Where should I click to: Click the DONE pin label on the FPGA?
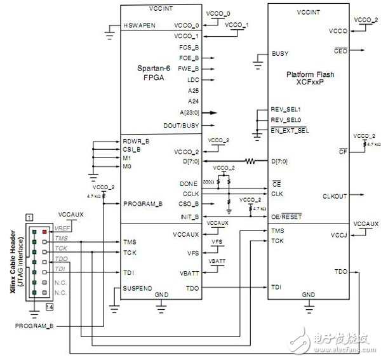[189, 183]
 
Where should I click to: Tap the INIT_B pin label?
[189, 217]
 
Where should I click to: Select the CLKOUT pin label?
[335, 196]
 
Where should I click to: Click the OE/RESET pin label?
[289, 217]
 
